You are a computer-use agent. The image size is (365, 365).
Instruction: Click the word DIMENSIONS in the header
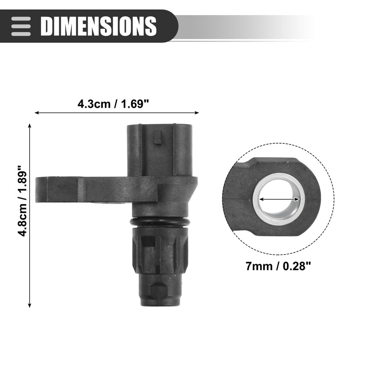99,26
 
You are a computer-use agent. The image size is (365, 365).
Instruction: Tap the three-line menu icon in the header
21,26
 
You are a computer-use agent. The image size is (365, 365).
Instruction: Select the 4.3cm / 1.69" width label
114,104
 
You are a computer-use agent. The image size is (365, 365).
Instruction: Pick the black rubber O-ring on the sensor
160,221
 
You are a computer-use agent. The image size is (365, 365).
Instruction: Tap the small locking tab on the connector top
158,137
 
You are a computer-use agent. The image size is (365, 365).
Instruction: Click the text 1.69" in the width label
136,104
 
